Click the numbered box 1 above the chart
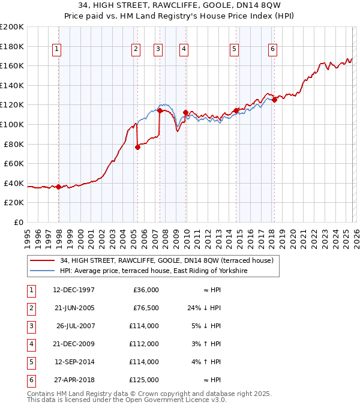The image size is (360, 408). click(56, 50)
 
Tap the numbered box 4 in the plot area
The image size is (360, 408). click(183, 50)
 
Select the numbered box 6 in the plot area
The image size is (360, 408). click(272, 50)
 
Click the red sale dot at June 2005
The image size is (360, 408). click(137, 146)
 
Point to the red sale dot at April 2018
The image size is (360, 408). click(274, 100)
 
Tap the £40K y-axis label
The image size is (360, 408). click(14, 183)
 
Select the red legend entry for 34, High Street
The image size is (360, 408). click(167, 260)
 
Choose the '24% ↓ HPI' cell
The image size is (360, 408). click(204, 308)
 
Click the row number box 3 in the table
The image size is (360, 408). click(29, 326)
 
